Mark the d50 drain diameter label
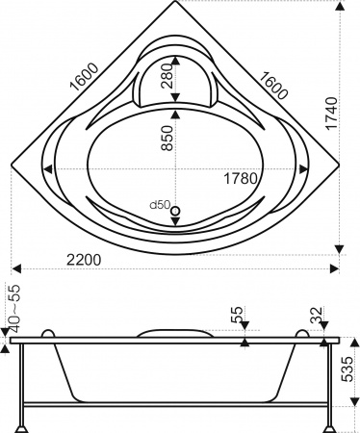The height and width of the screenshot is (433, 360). (x=159, y=204)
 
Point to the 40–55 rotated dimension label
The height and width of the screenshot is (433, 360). (x=12, y=306)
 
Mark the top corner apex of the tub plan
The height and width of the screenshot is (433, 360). (x=179, y=5)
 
